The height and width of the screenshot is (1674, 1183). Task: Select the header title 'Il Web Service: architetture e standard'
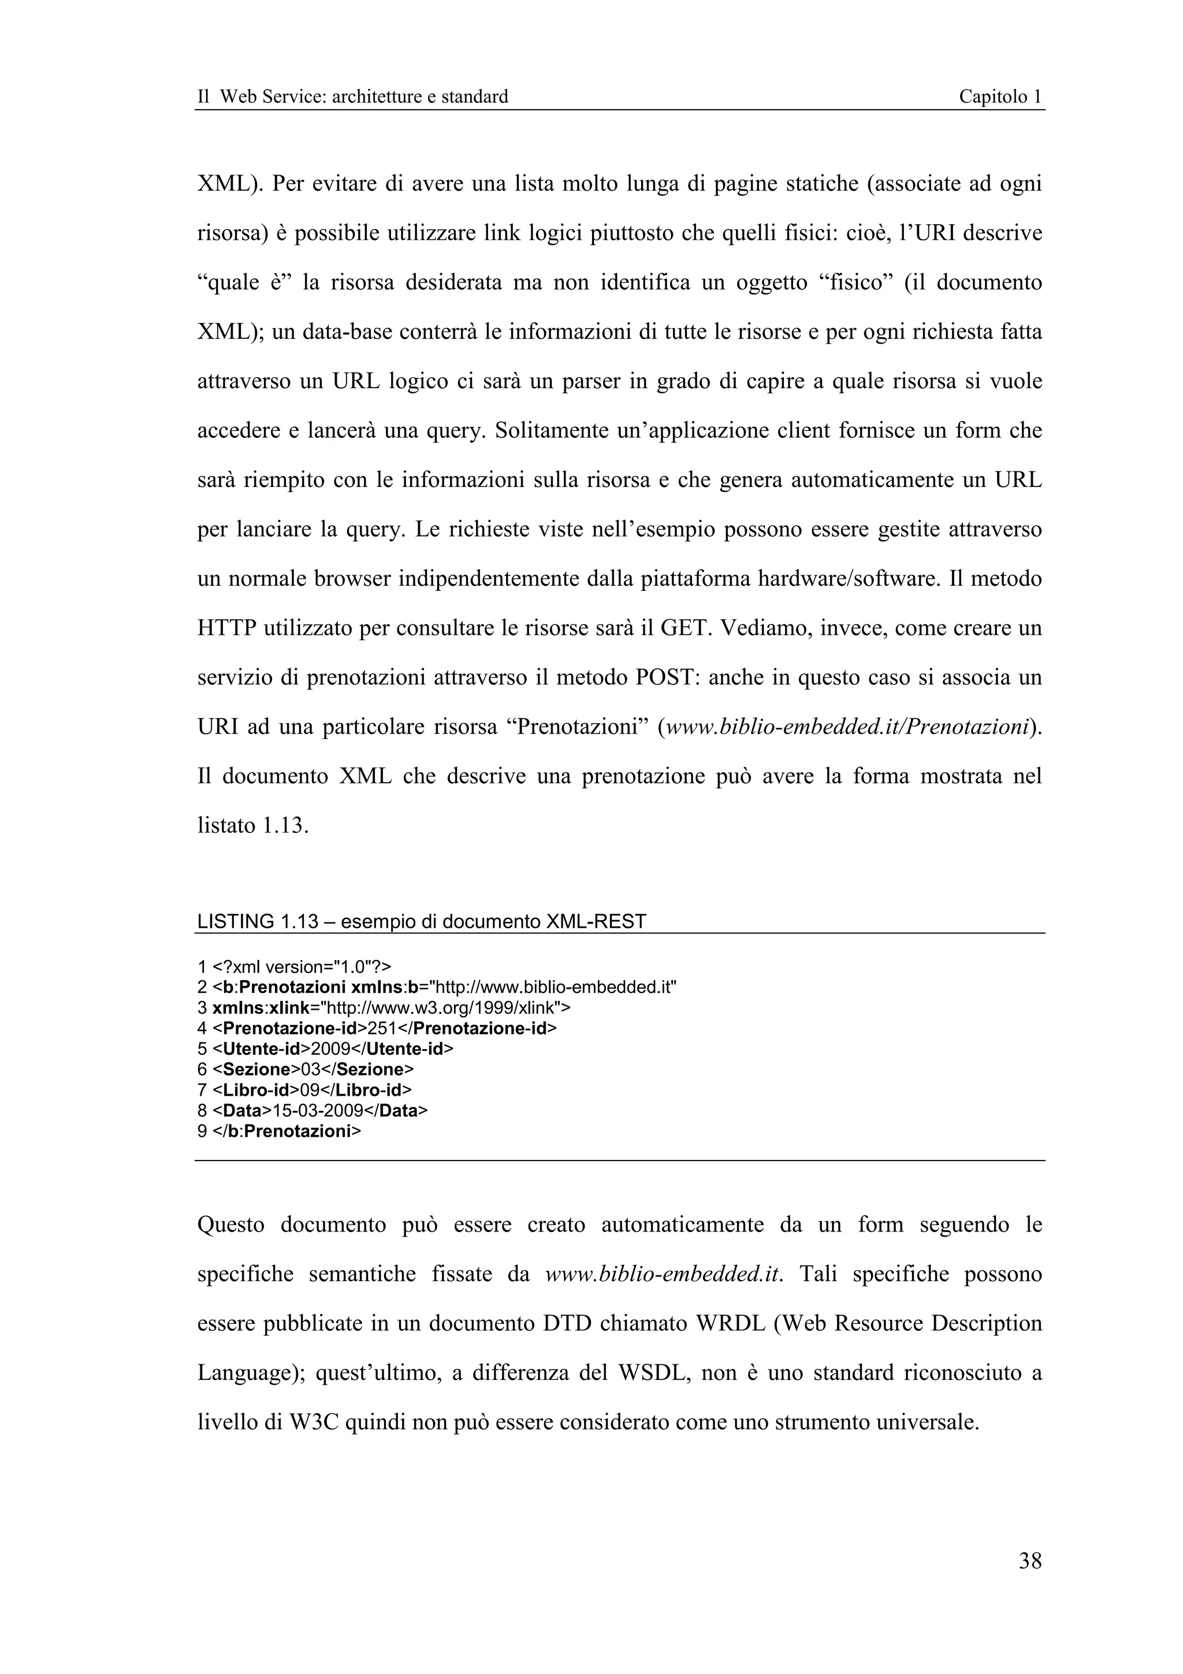(353, 96)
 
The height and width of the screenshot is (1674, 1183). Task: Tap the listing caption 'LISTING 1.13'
(257, 921)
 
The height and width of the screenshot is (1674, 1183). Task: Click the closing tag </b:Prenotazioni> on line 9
(287, 1131)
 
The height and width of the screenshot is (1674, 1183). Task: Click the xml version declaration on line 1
(301, 968)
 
